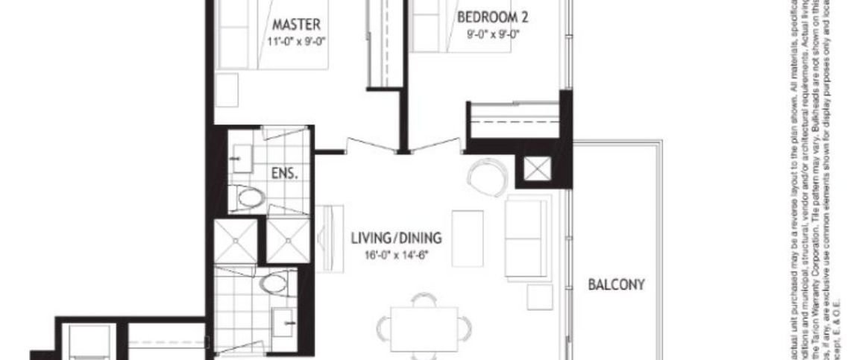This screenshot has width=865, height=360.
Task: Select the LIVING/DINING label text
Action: point(396,239)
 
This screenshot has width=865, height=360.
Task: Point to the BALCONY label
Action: point(616,284)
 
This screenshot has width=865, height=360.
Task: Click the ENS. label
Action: point(284,174)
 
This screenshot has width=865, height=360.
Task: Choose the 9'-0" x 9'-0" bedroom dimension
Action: point(493,34)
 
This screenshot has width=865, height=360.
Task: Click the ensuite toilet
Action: point(249,198)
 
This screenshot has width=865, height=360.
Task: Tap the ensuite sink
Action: point(242,157)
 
